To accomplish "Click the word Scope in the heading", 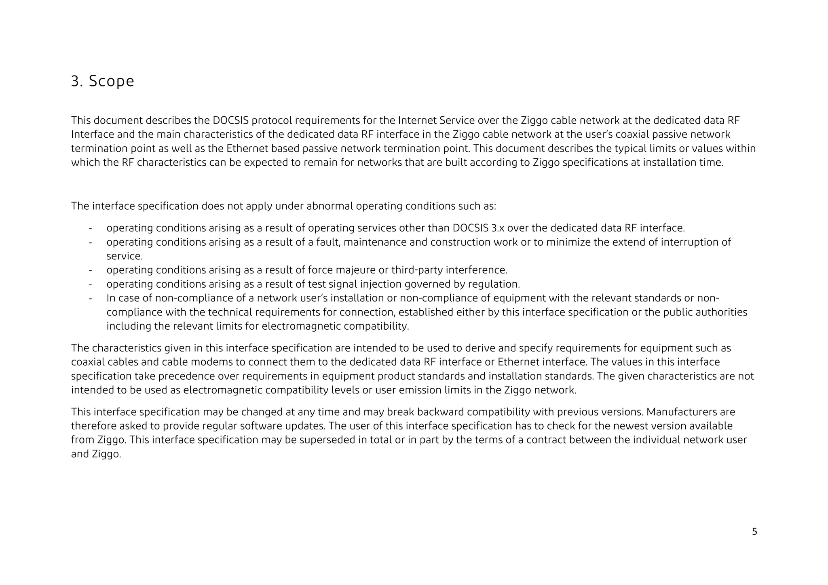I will point(111,81).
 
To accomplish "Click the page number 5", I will point(754,532).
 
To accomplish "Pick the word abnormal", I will point(330,206).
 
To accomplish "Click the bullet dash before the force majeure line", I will point(90,269).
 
